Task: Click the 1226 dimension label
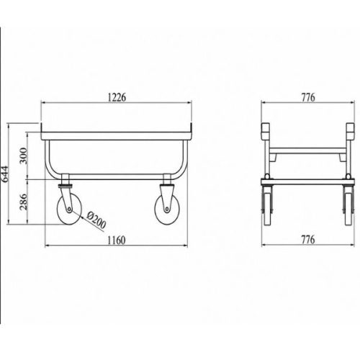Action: tap(117, 97)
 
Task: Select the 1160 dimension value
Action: tap(116, 240)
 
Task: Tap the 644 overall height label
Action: tap(4, 174)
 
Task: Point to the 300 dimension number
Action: tap(24, 156)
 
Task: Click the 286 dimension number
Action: tap(24, 202)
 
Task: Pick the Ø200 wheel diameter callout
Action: tap(96, 220)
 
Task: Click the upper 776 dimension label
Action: tap(308, 97)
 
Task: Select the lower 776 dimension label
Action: tap(308, 240)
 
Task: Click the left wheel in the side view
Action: tap(69, 212)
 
